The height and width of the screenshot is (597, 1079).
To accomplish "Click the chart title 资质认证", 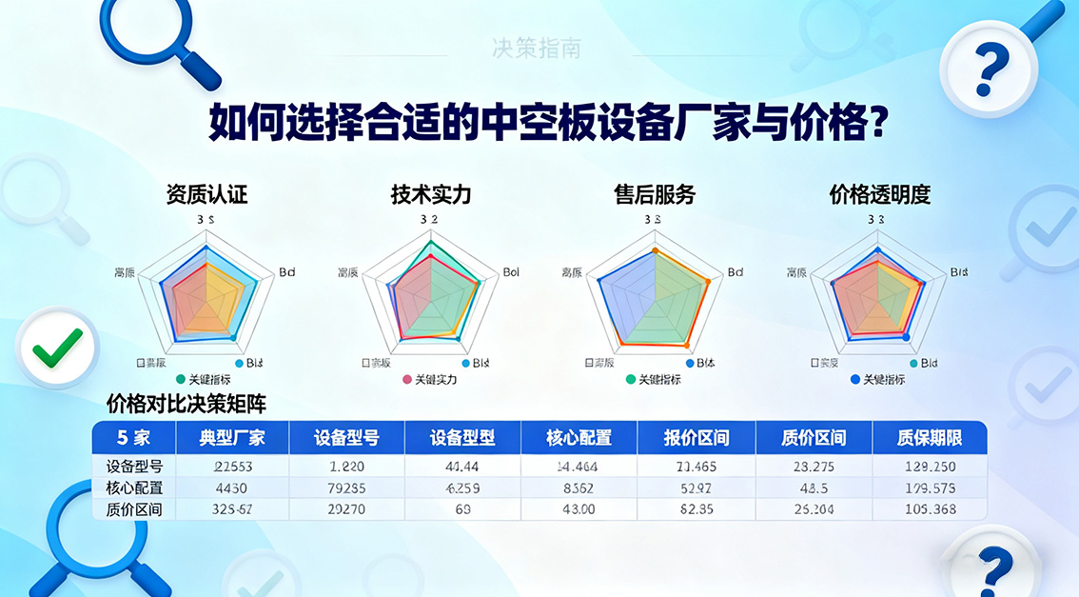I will point(206,195).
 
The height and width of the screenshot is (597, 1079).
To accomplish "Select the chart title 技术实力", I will point(430,195).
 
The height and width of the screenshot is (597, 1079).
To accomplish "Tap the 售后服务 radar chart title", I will point(655,195).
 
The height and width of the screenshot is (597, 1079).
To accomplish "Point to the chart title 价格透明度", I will point(879,195).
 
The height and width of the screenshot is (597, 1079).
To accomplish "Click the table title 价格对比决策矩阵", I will point(186,404).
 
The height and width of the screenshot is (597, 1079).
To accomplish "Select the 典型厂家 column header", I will point(232,439).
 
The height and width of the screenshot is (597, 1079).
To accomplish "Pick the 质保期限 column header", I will point(929,439).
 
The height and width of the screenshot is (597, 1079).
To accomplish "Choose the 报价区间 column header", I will point(696,439).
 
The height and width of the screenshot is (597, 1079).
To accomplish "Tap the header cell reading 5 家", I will point(133,439).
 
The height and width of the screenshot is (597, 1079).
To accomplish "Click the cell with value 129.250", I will point(929,467).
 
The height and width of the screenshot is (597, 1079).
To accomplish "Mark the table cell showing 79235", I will point(347,488).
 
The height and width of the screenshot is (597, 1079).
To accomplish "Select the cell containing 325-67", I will point(232,510).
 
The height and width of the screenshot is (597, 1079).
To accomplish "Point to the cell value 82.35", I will point(696,510).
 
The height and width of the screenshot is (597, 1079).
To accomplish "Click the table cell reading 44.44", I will point(462,467).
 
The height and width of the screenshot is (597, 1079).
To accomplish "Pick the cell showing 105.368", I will point(929,510).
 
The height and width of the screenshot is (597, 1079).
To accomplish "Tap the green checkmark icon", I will point(58,348).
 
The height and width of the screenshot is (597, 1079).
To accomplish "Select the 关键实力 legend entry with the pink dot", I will point(430,380).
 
